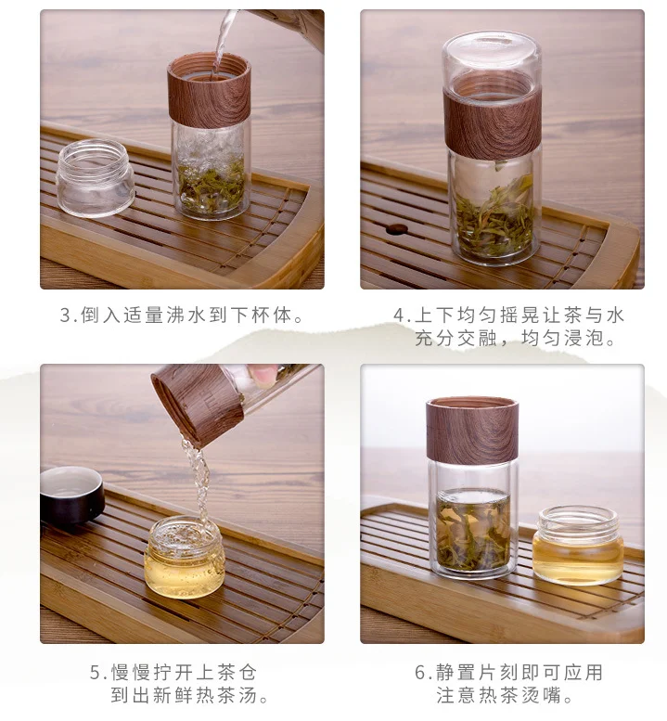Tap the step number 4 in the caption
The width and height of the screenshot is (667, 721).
tap(400, 315)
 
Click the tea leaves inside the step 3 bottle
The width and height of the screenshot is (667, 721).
tap(211, 184)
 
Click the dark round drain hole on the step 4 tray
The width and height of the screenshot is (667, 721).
tap(398, 228)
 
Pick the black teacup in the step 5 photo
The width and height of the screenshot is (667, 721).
tap(71, 495)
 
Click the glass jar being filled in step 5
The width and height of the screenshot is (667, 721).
tap(185, 557)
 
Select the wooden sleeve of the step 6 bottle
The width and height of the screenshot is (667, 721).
tap(471, 429)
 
